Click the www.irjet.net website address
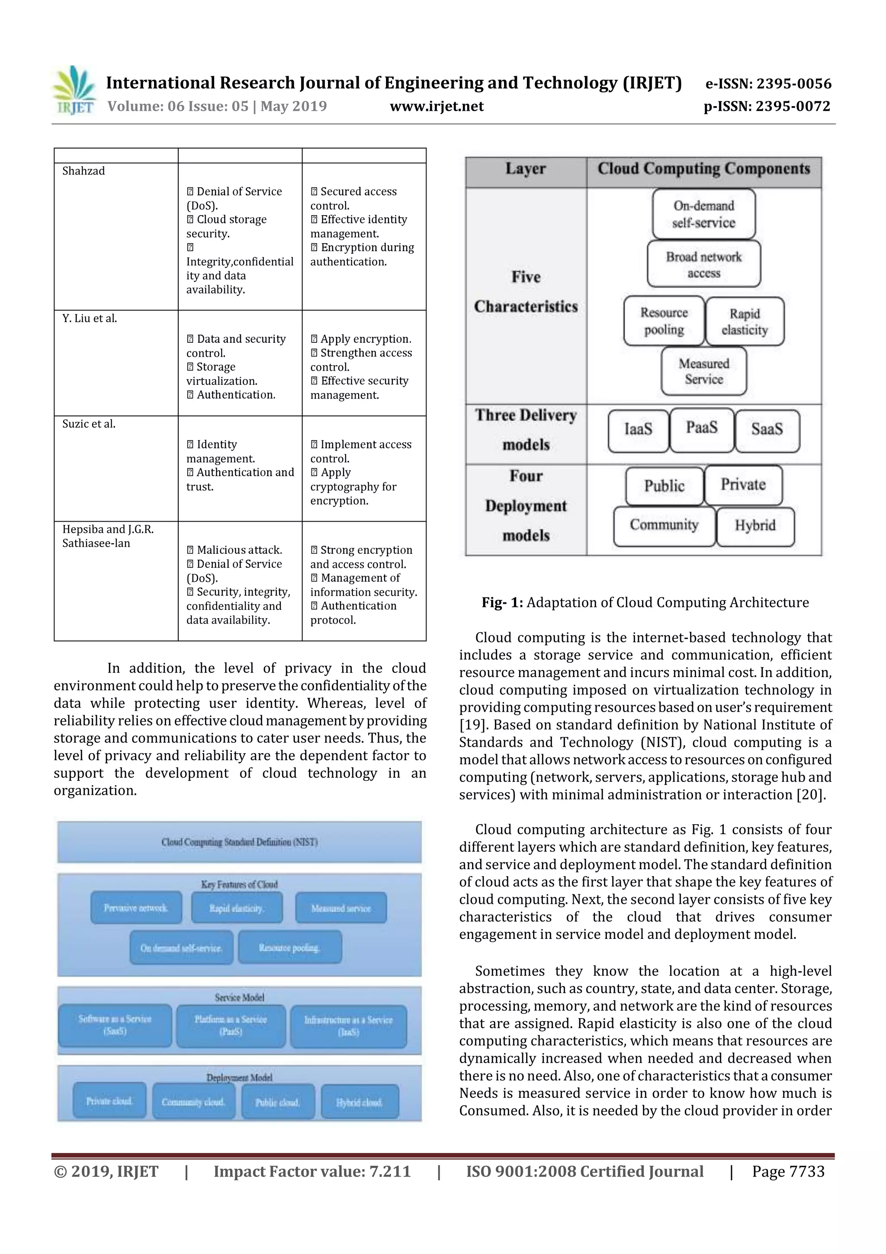436,106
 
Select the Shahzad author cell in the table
83,171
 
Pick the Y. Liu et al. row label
90,319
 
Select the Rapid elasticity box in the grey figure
744,322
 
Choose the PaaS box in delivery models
701,428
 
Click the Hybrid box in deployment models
754,525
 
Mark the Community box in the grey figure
664,525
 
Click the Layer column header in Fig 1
525,169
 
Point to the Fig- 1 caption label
502,603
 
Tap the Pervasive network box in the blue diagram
136,908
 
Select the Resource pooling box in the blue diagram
289,948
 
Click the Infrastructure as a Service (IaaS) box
348,1026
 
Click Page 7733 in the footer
788,1171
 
